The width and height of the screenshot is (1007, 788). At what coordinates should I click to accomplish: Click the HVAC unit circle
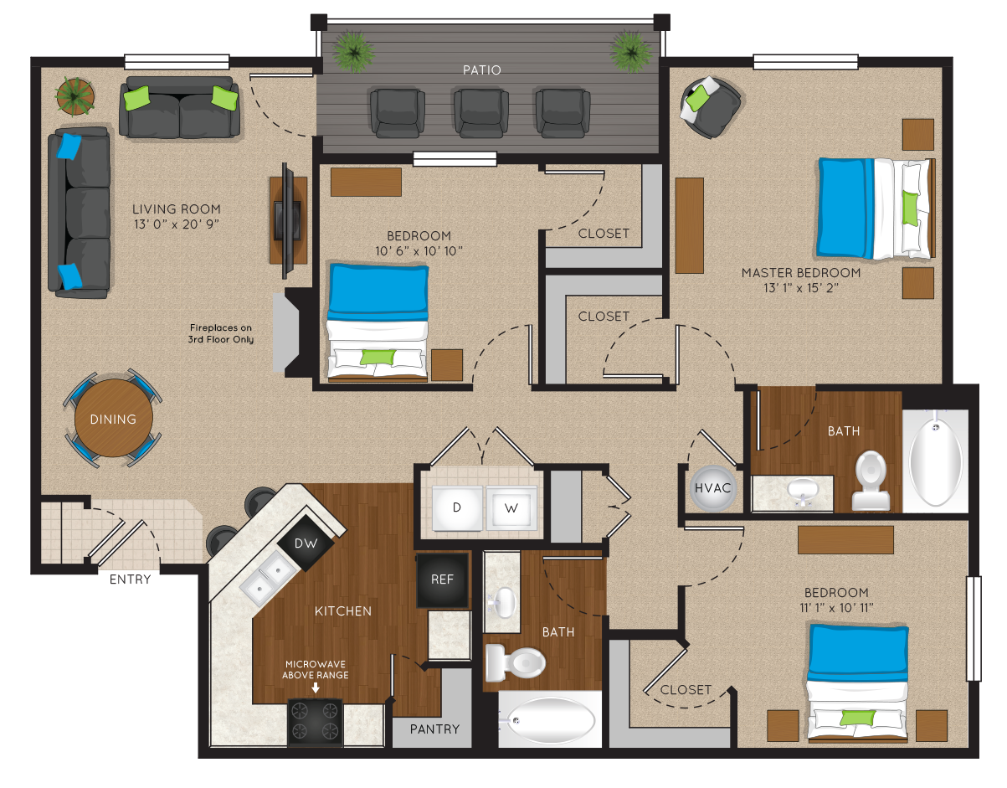pos(712,488)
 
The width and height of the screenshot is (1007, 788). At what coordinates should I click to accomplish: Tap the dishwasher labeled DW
pos(306,543)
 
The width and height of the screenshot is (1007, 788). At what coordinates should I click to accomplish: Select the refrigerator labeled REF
pos(442,579)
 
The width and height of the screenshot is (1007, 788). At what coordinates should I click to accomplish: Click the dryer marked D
pos(457,507)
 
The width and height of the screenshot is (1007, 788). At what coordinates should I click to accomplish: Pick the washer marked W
pos(511,507)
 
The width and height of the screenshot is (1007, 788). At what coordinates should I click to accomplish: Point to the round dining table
pos(114,419)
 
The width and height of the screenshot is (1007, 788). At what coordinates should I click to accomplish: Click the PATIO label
pos(481,70)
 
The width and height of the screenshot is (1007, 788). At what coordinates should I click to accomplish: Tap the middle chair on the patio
pos(480,113)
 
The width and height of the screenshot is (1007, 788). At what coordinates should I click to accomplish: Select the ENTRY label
pos(131,579)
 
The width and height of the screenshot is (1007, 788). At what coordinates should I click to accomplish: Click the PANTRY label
pos(434,729)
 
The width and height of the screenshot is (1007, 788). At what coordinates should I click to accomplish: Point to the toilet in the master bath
pos(871,481)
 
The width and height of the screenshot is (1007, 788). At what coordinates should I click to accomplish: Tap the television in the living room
pos(288,220)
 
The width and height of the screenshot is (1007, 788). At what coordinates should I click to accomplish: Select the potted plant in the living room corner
pos(74,96)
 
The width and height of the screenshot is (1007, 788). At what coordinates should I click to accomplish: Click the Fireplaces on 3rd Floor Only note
pos(221,333)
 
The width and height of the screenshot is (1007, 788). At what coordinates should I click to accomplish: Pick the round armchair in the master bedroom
pos(709,107)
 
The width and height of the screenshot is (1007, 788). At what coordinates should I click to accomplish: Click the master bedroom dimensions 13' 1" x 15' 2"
pos(801,288)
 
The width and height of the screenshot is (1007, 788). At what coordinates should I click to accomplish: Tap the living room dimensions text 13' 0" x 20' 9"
pos(176,224)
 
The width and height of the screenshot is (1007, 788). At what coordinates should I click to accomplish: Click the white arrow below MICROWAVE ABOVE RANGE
pos(315,688)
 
